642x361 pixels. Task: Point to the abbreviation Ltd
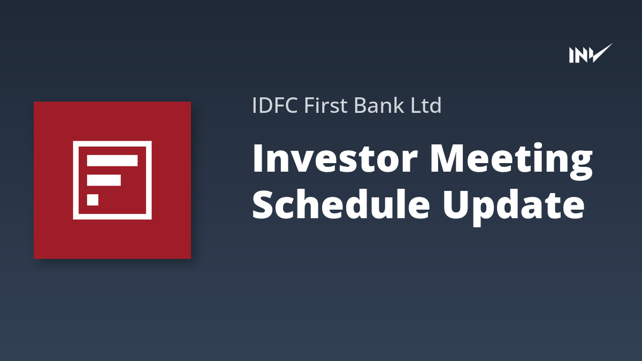[426, 105]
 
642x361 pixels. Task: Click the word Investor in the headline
[335, 158]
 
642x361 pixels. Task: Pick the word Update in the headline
[513, 207]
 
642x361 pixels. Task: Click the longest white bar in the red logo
[112, 161]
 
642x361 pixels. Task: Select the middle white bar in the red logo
[104, 180]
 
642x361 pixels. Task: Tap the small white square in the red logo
[93, 199]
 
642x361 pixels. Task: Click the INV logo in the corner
[591, 53]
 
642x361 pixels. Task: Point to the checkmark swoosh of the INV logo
[600, 53]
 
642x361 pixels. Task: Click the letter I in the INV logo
[571, 55]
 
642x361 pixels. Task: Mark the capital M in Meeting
[448, 158]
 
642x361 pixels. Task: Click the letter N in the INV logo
[580, 55]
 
